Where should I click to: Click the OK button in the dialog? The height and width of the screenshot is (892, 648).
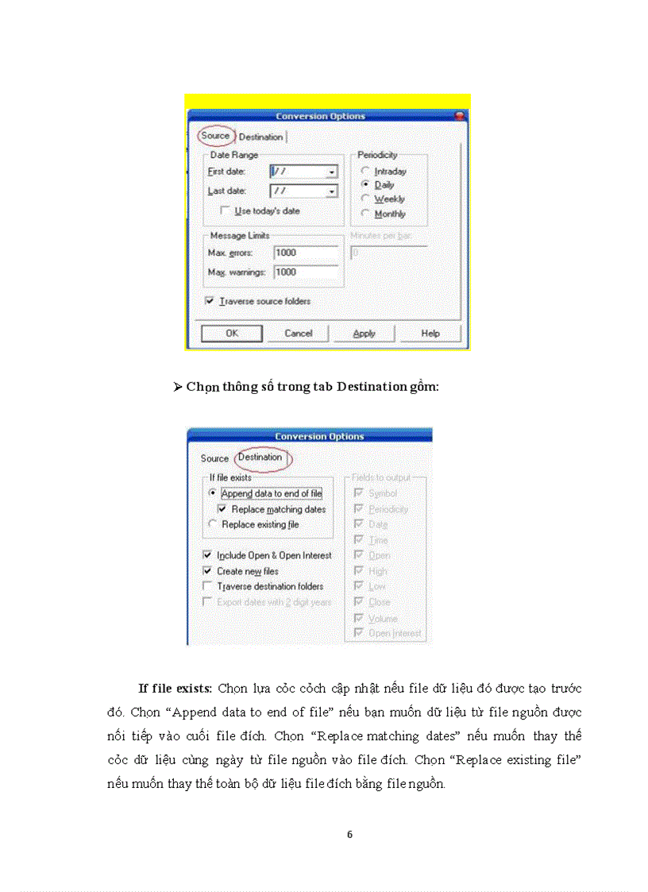tap(232, 334)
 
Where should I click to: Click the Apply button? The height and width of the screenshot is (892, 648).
tap(364, 334)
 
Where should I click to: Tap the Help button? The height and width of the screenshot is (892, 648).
tap(430, 334)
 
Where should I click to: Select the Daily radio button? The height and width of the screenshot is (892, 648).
tap(365, 185)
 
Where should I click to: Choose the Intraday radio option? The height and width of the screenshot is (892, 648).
tap(365, 171)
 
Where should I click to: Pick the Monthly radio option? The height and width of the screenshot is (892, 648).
tap(365, 214)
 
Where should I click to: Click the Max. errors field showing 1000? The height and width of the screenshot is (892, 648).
tap(305, 253)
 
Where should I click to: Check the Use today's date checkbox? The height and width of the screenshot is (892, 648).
tap(226, 211)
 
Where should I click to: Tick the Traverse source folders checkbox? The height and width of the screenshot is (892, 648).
tap(210, 301)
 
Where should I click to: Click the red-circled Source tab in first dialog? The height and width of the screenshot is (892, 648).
tap(215, 136)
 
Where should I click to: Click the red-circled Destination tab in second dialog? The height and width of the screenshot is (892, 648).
tap(260, 458)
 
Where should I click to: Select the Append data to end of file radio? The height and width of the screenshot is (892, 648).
tap(212, 493)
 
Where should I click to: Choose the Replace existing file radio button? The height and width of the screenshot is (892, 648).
tap(212, 524)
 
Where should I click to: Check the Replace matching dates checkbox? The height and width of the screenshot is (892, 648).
tap(222, 509)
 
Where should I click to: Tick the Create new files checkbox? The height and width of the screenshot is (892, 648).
tap(208, 571)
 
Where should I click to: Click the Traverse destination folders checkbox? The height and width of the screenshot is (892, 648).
tap(208, 586)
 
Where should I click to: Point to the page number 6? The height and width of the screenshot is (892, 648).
tap(349, 835)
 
